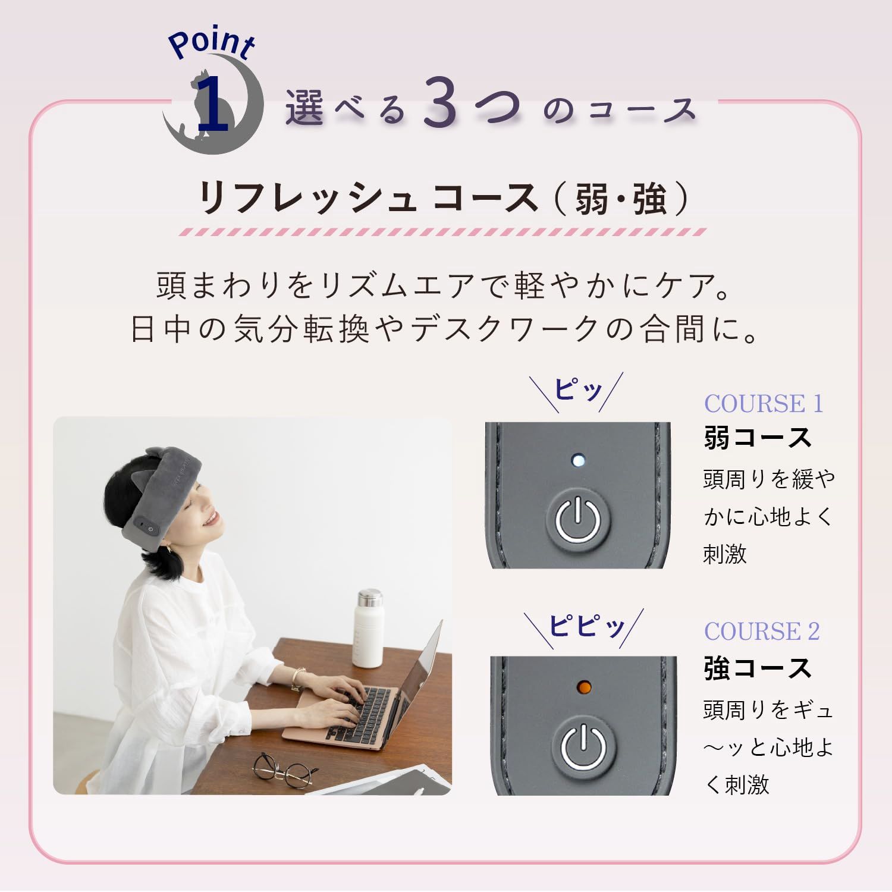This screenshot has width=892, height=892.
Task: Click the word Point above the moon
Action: [x=211, y=43]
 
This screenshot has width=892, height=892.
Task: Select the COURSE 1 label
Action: [x=764, y=404]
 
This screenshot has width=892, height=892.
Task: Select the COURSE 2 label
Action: [x=762, y=631]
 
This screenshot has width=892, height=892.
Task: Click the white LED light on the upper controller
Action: [x=577, y=460]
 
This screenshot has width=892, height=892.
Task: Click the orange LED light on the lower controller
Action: [x=584, y=688]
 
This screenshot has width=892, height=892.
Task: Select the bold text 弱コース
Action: [x=758, y=438]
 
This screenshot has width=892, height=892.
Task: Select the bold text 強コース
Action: [x=758, y=668]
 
